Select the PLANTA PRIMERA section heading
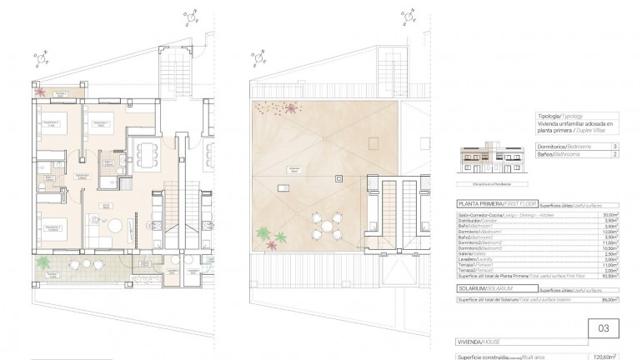click(481, 202)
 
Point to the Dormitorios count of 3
click(614, 145)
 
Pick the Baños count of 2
click(614, 154)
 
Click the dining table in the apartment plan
click(148, 153)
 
